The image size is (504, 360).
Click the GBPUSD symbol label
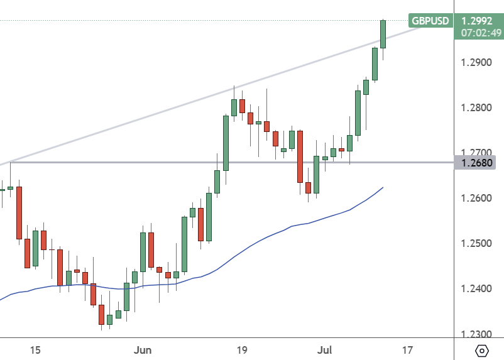tap(430, 21)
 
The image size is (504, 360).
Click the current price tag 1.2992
tap(478, 20)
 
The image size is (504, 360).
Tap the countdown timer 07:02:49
tap(478, 32)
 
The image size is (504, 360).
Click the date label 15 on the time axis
tap(35, 349)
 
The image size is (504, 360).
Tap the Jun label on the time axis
tap(143, 349)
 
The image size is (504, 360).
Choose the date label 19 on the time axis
tap(242, 349)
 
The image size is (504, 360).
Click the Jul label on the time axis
tap(324, 349)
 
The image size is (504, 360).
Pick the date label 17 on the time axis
tap(407, 349)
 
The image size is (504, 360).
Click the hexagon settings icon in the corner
tap(482, 351)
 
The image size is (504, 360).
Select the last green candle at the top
tap(383, 34)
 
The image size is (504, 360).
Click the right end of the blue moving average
tap(383, 187)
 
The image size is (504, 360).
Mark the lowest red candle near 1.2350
tap(101, 314)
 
